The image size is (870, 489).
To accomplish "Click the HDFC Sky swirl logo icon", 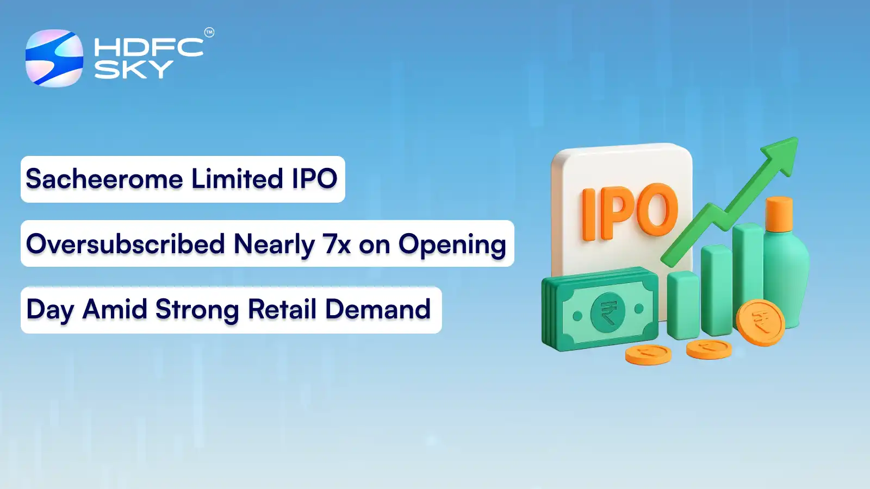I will (54, 58).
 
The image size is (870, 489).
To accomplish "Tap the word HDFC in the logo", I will (148, 47).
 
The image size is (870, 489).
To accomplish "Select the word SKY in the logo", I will (133, 70).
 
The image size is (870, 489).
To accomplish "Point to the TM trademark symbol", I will (209, 33).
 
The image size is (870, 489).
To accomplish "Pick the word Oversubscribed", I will (126, 244).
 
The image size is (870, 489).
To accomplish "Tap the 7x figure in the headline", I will (337, 244).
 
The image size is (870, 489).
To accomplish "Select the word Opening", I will (452, 245).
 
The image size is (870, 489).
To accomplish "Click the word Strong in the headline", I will (197, 310).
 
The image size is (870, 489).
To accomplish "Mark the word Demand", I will (378, 310).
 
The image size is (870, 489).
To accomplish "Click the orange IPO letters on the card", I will (630, 212).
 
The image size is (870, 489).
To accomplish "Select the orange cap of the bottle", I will (779, 215).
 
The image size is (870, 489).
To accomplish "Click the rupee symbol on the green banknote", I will (608, 312).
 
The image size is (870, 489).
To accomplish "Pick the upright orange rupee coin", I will (760, 322).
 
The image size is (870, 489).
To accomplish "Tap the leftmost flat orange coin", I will (648, 354).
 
